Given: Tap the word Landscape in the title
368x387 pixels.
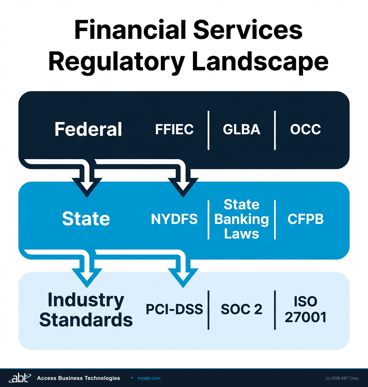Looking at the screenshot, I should click(260, 62).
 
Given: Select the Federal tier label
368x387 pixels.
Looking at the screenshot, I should click(88, 129).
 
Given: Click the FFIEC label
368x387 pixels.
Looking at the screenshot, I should click(174, 129).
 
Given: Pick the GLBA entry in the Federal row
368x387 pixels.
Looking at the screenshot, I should click(241, 129).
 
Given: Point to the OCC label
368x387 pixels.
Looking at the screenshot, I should click(305, 129).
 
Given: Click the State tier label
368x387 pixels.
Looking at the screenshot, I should click(86, 219).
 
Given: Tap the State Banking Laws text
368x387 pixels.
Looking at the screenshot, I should click(241, 219).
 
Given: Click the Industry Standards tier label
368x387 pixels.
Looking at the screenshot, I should click(86, 309).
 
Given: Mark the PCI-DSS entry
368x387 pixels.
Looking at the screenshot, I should click(174, 309).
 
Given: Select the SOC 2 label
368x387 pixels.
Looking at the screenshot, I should click(241, 309).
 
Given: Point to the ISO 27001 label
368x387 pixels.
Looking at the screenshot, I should click(305, 309).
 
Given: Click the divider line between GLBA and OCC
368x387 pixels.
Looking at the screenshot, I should click(275, 130).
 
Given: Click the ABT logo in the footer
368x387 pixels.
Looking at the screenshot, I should click(19, 378).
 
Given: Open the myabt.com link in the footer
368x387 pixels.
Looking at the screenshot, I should click(149, 378).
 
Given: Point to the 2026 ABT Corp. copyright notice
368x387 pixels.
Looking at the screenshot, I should click(342, 378).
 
